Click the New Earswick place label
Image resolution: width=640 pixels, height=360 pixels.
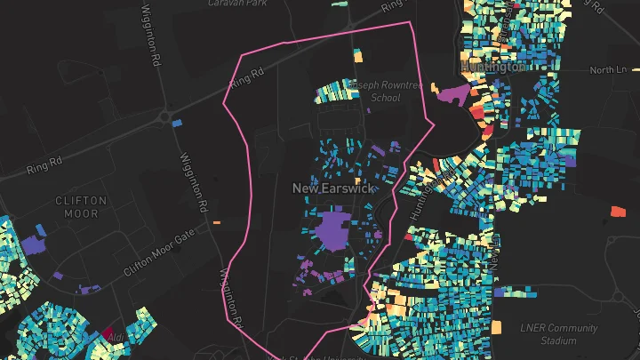[x=333, y=188]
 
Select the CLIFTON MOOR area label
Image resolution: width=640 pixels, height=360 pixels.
[x=81, y=207]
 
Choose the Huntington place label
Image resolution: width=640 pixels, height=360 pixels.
[x=494, y=67]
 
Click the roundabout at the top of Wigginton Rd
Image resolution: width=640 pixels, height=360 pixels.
[x=164, y=116]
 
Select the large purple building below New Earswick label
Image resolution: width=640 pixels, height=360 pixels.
[x=333, y=231]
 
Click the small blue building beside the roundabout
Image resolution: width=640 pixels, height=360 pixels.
[x=177, y=122]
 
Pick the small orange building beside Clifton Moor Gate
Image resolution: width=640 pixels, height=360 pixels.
[x=216, y=222]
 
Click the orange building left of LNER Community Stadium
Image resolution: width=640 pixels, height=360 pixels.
[x=502, y=329]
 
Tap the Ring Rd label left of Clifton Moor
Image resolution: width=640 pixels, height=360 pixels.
[x=44, y=164]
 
